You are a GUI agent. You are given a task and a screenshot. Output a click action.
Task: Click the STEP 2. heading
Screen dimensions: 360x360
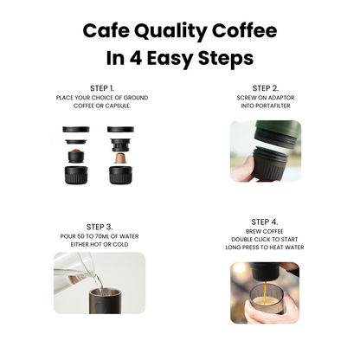pos(265,88)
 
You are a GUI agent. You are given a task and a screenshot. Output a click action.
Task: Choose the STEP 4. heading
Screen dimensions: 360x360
pos(265,222)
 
